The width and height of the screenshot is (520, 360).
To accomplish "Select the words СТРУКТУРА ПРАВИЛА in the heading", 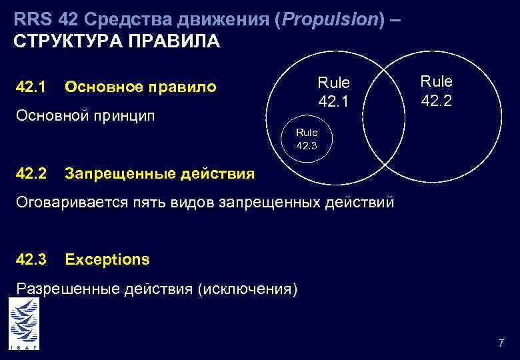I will (116, 41).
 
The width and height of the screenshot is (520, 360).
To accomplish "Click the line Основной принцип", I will (85, 116).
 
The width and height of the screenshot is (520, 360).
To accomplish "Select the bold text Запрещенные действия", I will (159, 174).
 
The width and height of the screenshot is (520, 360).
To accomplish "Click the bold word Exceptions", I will (107, 259).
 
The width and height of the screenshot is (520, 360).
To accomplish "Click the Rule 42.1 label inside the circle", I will (333, 92).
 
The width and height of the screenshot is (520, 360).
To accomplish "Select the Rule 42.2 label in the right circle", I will (436, 91).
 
